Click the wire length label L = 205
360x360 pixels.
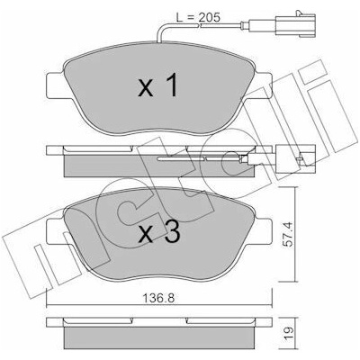click(198, 17)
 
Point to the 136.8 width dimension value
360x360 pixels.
click(158, 298)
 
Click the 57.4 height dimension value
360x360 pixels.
click(288, 234)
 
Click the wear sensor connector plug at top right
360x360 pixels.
click(295, 26)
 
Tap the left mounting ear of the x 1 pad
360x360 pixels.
click(56, 85)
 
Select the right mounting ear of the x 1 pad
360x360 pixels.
click(259, 85)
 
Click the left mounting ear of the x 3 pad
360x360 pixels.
click(56, 231)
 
